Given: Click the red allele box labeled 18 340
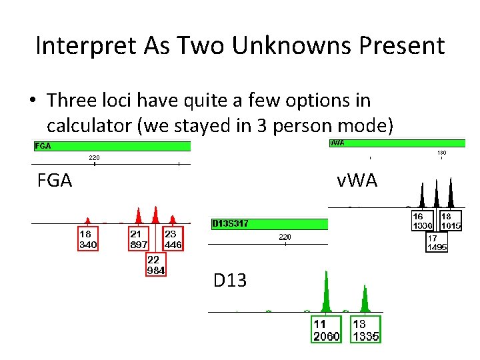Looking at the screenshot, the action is [88, 239].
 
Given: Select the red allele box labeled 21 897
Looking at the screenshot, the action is [139, 239].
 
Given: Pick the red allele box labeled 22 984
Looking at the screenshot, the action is [155, 265].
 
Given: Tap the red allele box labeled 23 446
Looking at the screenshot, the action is [173, 239].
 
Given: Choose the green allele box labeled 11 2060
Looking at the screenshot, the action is [327, 330].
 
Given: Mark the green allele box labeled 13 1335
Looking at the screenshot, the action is [365, 330].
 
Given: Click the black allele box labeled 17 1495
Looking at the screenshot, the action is [437, 242].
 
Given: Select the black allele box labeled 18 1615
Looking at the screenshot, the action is [451, 221].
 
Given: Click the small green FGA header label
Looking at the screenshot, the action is [43, 146].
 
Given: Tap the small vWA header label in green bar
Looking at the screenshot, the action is [337, 143].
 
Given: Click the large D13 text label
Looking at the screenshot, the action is [230, 281].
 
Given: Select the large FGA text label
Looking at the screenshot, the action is [55, 180].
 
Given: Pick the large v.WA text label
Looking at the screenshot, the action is [357, 179].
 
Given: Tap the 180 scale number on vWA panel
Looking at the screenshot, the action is [441, 153].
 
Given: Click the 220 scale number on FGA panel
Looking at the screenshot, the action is [94, 158].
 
